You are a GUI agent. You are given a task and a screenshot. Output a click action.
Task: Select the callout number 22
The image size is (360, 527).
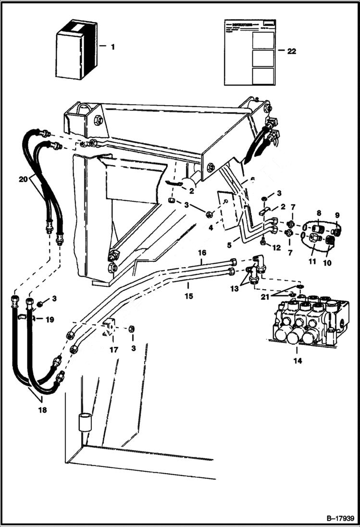(x=291, y=51)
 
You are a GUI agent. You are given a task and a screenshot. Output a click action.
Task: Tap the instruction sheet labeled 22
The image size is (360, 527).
(x=249, y=52)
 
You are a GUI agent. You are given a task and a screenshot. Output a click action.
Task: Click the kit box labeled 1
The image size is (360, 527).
(x=76, y=49)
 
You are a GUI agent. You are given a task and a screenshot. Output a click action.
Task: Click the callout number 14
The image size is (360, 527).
(x=298, y=361)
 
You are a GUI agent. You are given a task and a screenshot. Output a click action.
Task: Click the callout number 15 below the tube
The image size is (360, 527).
(x=188, y=296)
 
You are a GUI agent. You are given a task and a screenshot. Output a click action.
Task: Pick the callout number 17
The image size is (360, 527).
(x=114, y=350)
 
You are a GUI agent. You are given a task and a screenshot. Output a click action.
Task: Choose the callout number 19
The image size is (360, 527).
(x=50, y=319)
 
